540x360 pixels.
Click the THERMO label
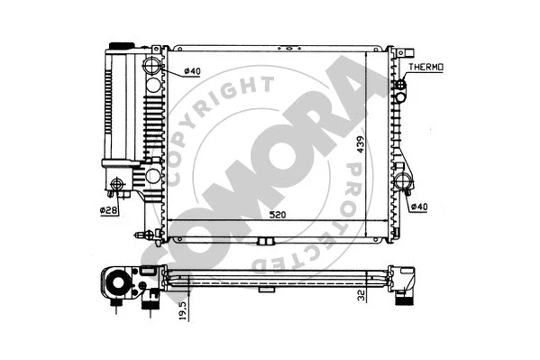pyautogui.click(x=427, y=68)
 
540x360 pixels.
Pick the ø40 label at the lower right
pyautogui.click(x=418, y=208)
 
